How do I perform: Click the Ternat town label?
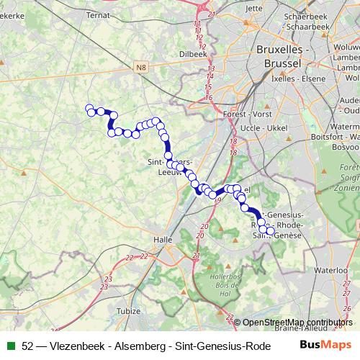point(98,14)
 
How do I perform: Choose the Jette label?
point(254,9)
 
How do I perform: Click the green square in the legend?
point(12,346)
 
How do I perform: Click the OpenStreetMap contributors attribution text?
point(297,323)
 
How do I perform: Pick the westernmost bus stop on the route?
point(90,109)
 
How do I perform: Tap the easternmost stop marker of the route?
point(270,231)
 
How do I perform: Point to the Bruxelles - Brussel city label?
point(283,56)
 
